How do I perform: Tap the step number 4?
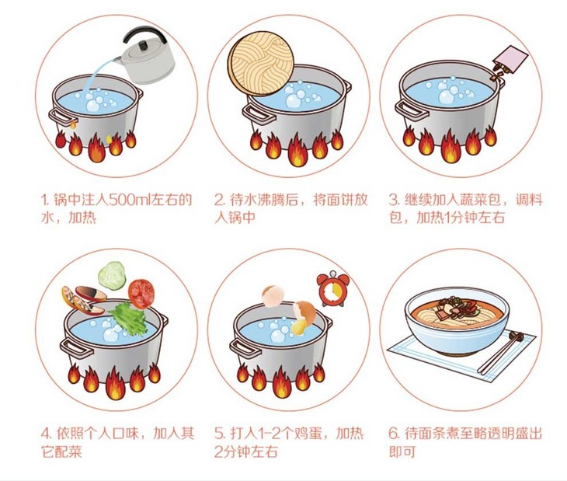[45, 431]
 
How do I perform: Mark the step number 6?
[393, 431]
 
